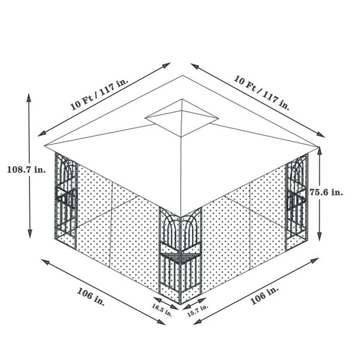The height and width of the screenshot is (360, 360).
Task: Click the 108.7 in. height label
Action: tap(26, 170)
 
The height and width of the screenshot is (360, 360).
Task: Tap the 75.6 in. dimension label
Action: tap(326, 192)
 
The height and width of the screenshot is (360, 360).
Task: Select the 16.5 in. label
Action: tap(162, 310)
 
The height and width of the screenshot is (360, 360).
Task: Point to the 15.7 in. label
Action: tap(197, 310)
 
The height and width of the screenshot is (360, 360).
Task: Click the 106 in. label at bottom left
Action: tap(91, 296)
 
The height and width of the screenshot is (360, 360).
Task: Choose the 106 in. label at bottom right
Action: tap(265, 295)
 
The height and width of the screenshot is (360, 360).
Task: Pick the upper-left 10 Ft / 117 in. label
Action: tap(99, 95)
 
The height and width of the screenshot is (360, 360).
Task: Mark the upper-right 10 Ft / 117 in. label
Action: tap(262, 92)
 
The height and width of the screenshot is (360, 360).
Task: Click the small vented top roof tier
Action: tap(182, 118)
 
